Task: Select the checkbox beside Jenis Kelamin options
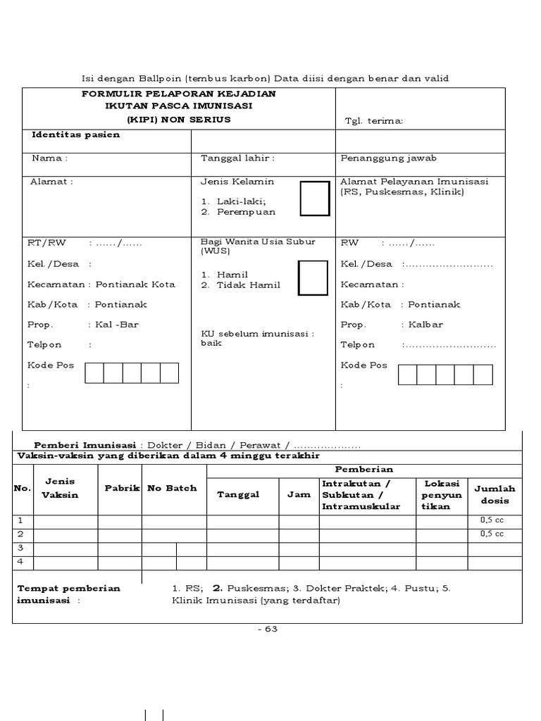[x=314, y=199]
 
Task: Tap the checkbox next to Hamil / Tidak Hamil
[x=313, y=277]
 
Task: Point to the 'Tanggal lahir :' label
[x=237, y=158]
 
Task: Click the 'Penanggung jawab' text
[x=388, y=158]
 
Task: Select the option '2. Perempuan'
[x=238, y=211]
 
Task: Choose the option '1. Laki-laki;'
[x=236, y=201]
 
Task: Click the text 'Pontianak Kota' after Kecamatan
[x=135, y=284]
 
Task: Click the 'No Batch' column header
[x=172, y=488]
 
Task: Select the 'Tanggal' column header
[x=238, y=494]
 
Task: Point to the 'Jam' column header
[x=299, y=494]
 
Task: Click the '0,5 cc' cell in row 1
[x=492, y=520]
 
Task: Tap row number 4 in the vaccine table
[x=20, y=562]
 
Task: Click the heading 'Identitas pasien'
[x=75, y=134]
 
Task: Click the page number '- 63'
[x=267, y=629]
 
